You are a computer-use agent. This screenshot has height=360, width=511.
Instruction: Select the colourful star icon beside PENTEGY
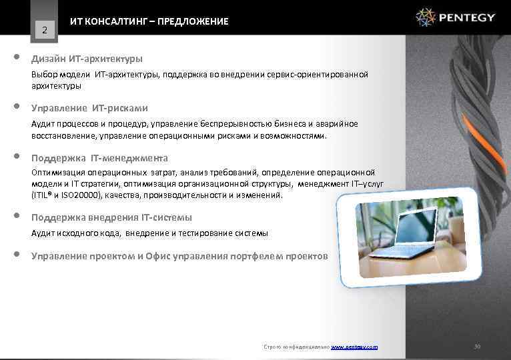point(426,17)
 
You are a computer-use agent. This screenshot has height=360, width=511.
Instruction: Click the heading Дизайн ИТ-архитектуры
point(87,59)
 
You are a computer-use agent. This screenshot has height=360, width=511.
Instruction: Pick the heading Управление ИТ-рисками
point(89,108)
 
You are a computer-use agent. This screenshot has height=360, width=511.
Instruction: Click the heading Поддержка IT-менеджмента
point(99,158)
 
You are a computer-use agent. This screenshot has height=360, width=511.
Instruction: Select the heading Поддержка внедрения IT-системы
point(111,217)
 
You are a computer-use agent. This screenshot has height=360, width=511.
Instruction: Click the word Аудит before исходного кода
point(43,233)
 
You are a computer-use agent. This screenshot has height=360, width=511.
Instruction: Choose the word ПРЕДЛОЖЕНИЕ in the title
point(193,22)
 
